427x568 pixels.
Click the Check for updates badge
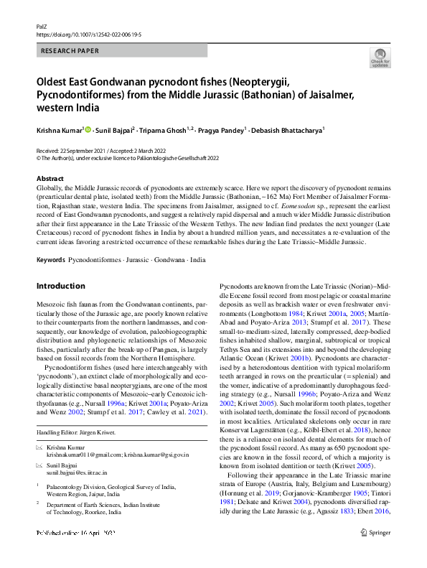tap(380, 58)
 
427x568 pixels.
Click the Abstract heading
tap(50, 178)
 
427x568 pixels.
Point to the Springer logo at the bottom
tap(376, 553)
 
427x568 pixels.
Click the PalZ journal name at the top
tap(42, 25)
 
